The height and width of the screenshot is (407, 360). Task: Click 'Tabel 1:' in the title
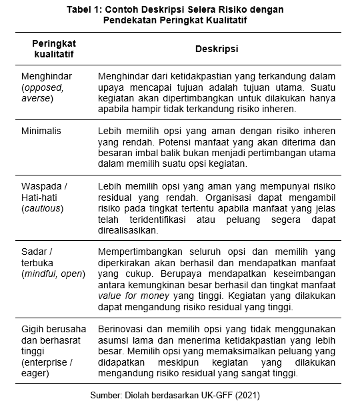coord(89,9)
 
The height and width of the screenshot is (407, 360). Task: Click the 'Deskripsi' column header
coord(217,49)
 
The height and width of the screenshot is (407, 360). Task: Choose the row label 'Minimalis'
coord(41,131)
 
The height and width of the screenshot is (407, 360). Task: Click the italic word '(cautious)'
coord(42,209)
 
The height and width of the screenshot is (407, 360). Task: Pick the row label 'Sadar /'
coord(37,252)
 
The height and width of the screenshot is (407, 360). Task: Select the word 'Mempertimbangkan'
coord(139,252)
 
